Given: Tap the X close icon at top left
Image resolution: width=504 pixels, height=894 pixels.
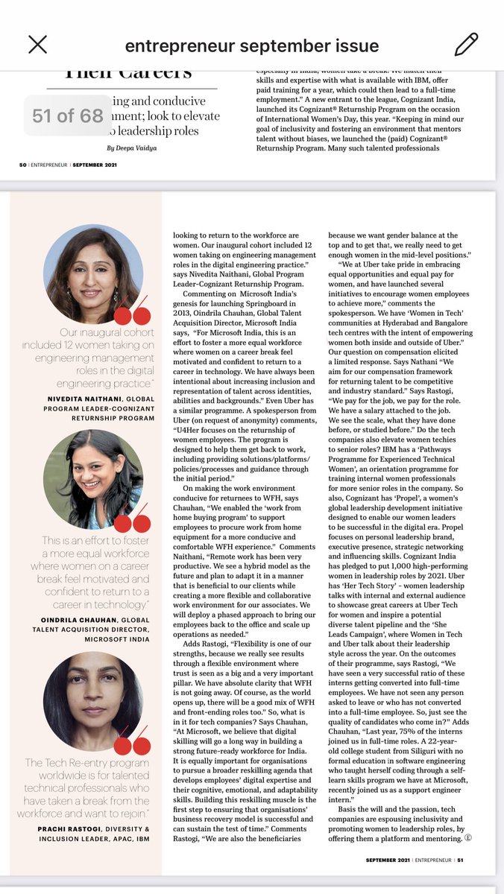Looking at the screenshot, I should coord(38,45).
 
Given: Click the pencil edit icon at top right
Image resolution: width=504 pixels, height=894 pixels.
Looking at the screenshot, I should coord(466,45).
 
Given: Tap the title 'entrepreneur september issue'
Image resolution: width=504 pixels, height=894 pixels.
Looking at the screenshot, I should coord(251,46).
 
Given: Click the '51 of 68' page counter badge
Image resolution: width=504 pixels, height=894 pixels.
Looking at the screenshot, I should coord(68,116).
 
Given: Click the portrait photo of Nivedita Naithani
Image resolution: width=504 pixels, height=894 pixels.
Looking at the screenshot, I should coord(93,273).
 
